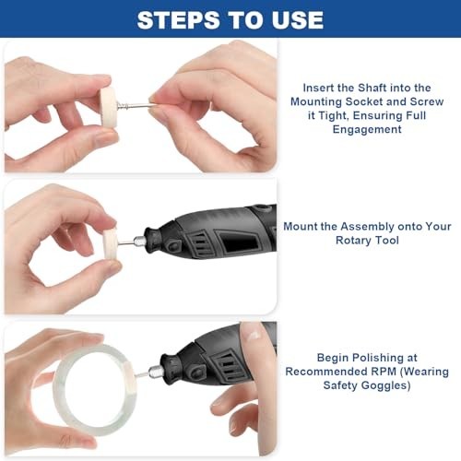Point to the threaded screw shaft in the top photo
click(x=136, y=106)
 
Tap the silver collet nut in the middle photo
click(x=139, y=241)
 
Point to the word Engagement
click(x=367, y=130)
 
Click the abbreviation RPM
click(x=384, y=372)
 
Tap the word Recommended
click(x=326, y=372)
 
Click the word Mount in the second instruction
click(x=301, y=227)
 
